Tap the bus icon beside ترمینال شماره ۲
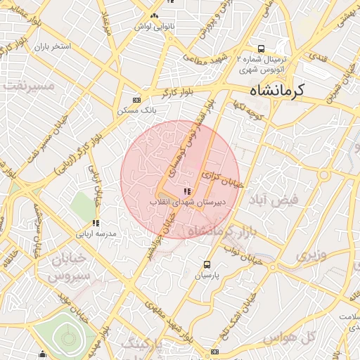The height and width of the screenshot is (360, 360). pos(261,49)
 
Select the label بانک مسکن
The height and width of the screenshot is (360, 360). pos(136,110)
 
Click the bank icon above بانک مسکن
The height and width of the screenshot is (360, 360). pos(136,100)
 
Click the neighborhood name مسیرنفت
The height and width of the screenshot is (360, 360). pos(28,85)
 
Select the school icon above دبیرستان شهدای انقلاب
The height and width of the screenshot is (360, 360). pos(186,191)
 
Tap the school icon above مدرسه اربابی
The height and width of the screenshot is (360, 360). pos(96,224)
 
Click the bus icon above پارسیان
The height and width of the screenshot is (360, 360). pos(207,264)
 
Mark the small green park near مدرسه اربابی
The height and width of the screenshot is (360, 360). pos(82,206)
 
